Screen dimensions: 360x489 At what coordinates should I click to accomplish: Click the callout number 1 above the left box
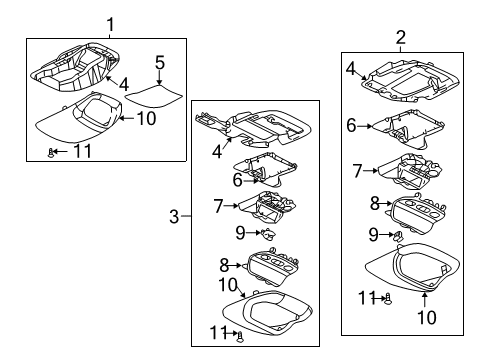(111, 23)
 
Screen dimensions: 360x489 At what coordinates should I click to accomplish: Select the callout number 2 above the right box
(401, 37)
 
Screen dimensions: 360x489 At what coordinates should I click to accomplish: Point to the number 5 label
(159, 62)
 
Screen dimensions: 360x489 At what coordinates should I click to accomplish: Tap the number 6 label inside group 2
(351, 125)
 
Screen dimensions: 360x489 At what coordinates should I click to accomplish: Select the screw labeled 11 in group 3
(240, 335)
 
